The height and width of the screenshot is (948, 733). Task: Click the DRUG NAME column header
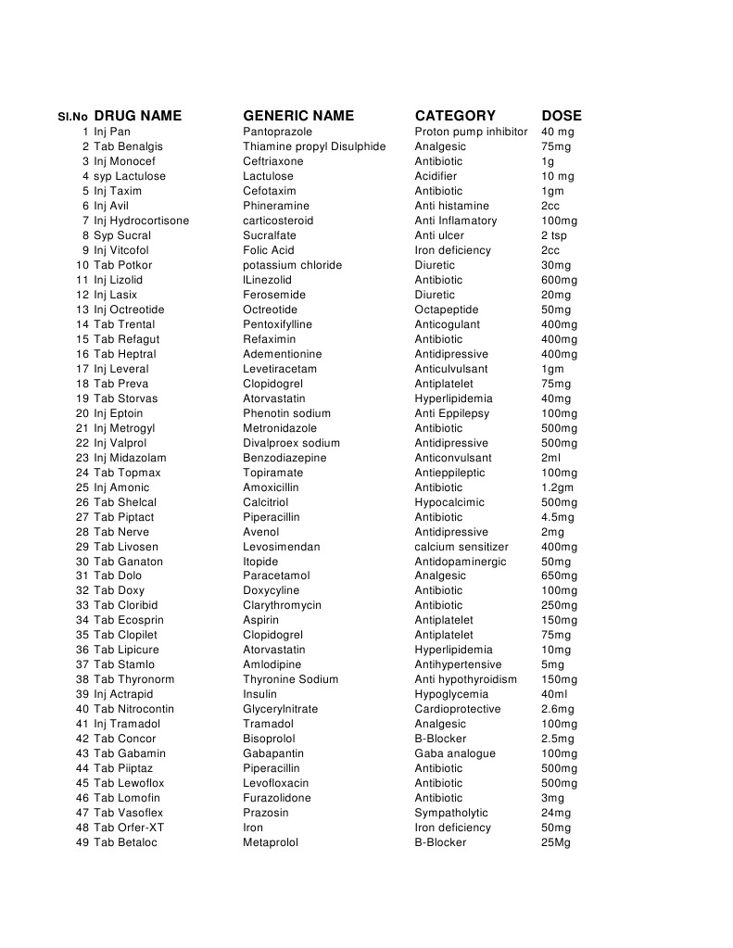click(137, 116)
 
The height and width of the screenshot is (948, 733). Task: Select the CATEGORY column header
click(455, 116)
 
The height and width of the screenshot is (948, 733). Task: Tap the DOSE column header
click(562, 116)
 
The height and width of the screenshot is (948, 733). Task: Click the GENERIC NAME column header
click(298, 116)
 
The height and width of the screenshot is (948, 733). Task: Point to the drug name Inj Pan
click(112, 132)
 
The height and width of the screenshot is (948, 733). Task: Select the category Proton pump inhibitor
click(471, 132)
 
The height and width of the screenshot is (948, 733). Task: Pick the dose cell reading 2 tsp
click(556, 235)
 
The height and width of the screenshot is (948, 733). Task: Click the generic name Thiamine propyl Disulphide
click(314, 146)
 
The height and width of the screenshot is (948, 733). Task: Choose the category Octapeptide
click(447, 310)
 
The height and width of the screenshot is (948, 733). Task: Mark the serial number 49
click(82, 842)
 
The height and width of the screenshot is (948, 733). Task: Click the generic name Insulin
click(259, 694)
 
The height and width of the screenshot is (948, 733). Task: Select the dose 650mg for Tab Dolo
click(559, 575)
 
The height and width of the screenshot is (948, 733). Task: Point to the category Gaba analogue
click(455, 753)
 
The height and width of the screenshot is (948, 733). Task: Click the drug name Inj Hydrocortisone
click(141, 221)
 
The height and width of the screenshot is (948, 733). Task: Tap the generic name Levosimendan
click(282, 547)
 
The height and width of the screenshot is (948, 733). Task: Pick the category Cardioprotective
click(458, 709)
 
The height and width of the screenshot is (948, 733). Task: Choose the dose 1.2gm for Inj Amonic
click(558, 487)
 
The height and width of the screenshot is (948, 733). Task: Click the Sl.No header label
click(72, 117)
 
